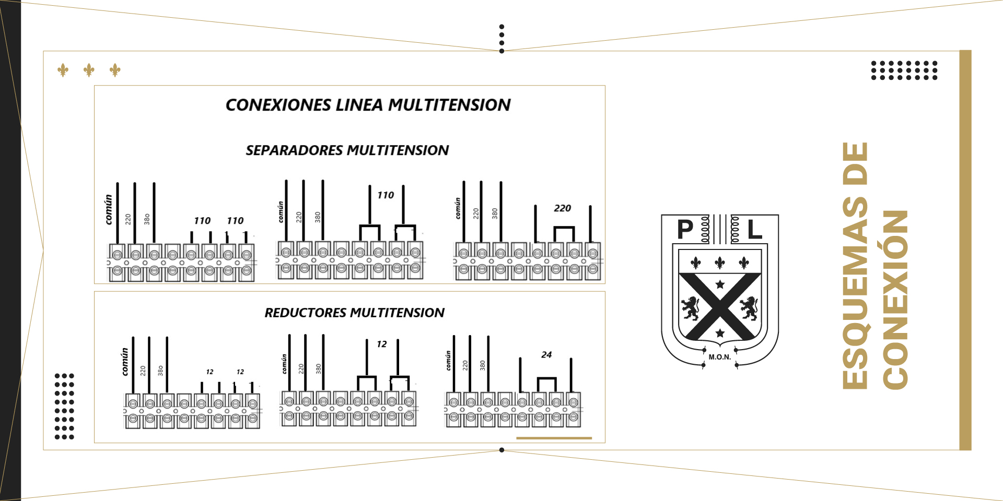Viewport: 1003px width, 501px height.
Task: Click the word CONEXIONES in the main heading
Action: coord(278,105)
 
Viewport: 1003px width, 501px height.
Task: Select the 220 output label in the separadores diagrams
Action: coord(562,208)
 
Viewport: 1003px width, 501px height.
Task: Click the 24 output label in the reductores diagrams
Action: coord(546,355)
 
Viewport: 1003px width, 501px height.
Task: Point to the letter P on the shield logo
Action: coord(685,229)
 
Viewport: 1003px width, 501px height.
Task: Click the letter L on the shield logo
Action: coord(754,229)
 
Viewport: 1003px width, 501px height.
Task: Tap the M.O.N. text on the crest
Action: coord(719,357)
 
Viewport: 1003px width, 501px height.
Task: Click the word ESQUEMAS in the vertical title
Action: coord(855,266)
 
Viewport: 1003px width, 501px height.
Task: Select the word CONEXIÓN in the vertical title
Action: coord(895,300)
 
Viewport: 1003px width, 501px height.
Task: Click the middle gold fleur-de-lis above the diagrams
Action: coord(89,70)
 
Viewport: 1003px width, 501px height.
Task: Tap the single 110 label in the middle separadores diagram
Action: coord(386,195)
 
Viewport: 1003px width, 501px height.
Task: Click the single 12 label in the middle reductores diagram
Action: coord(382,344)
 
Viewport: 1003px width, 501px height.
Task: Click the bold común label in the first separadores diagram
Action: coord(109,210)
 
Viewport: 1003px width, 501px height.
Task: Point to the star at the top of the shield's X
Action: coord(720,284)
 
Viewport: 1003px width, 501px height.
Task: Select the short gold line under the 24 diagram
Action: coord(554,438)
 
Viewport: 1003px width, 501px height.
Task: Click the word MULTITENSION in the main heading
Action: coord(449,105)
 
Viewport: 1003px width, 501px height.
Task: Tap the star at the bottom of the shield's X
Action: coord(720,333)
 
